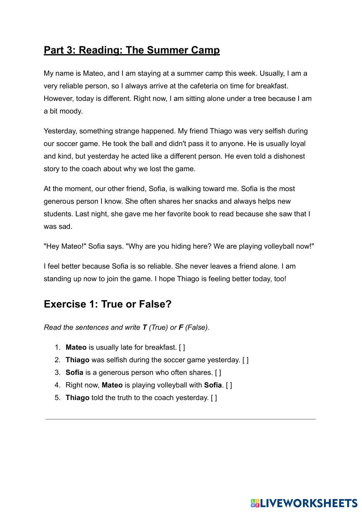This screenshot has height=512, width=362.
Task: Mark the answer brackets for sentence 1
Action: tap(182, 347)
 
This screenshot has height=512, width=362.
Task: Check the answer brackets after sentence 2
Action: tap(245, 360)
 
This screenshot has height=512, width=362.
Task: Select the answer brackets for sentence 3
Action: tap(218, 372)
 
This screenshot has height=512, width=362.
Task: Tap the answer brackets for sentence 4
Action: tap(229, 385)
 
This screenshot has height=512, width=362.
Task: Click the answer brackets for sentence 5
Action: tap(214, 398)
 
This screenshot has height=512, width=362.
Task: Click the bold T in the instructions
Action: tap(145, 327)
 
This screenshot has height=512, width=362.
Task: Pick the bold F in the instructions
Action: tap(181, 327)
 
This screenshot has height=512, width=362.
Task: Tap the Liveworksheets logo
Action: tap(304, 503)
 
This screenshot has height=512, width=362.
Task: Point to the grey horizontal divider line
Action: tap(180, 419)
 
